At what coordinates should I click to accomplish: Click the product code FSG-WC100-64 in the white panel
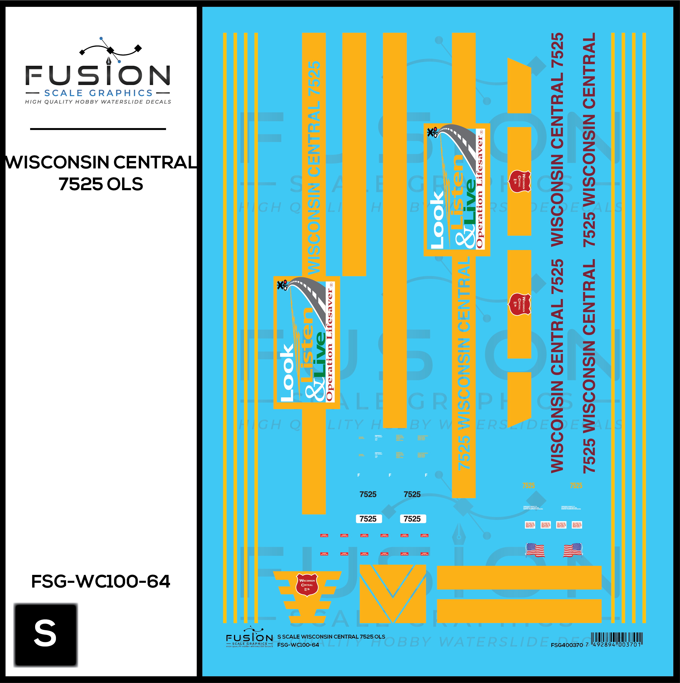[x=101, y=581]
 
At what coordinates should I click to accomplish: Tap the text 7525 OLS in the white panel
[x=101, y=184]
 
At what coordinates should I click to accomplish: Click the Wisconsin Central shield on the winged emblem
[x=307, y=585]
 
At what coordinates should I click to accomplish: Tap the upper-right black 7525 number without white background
[x=412, y=494]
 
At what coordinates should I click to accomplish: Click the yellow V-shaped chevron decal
[x=393, y=594]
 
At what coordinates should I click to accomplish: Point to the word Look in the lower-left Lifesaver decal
[x=287, y=373]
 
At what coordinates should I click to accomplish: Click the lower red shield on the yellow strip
[x=520, y=304]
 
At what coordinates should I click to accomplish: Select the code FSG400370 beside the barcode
[x=567, y=645]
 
